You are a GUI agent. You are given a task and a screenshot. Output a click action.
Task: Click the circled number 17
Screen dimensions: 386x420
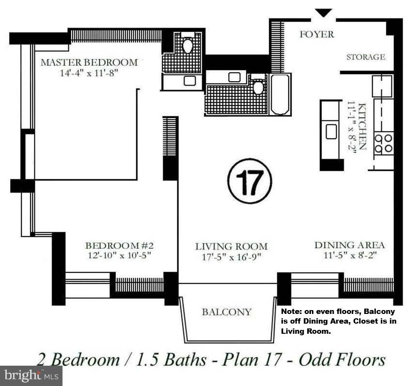coord(249,181)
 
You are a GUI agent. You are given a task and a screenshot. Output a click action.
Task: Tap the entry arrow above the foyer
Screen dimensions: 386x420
coord(323,13)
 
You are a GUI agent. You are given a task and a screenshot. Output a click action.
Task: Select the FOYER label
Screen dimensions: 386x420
coord(317,34)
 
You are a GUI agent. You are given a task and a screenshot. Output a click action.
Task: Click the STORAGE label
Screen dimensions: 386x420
coord(366,57)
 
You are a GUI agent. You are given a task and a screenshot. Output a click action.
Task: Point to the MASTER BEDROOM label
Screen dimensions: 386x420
coord(89,62)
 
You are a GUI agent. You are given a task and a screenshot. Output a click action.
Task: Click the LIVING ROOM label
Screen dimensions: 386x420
coord(231,246)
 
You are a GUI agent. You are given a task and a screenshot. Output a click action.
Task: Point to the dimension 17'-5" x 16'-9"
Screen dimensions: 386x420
coord(231,257)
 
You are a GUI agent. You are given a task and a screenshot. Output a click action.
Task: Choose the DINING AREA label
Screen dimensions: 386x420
coord(349,245)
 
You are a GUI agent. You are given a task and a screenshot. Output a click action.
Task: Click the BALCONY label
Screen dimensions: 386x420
coord(227,312)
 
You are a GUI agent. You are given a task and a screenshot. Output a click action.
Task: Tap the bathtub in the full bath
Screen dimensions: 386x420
coord(280,94)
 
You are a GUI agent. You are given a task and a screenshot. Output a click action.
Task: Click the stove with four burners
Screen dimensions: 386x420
coord(384,144)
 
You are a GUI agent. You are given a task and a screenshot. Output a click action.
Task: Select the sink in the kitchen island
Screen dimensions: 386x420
coord(331,131)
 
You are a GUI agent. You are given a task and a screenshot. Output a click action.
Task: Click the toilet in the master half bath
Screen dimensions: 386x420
coord(187,45)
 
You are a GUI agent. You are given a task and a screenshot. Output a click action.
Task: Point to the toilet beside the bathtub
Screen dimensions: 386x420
coord(258,87)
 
